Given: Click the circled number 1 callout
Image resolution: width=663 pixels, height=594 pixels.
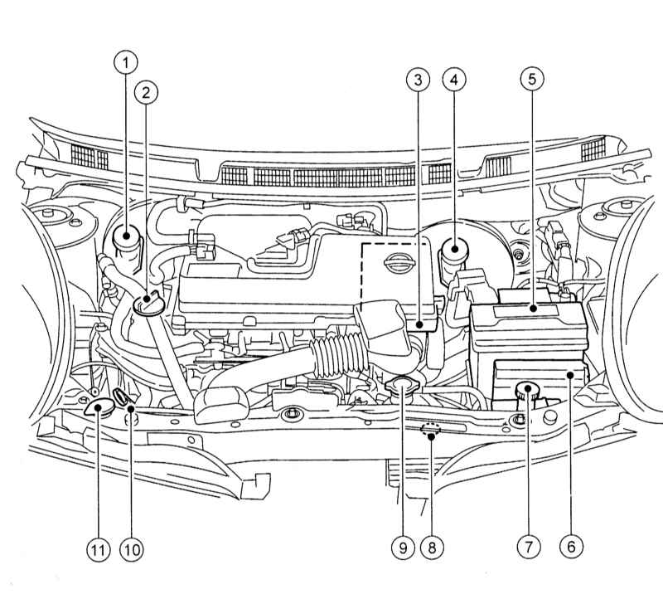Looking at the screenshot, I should [x=125, y=61].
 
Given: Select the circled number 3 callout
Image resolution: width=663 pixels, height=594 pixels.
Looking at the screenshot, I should [x=418, y=80].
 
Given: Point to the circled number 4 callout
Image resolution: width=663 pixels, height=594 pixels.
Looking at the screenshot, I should [x=453, y=80].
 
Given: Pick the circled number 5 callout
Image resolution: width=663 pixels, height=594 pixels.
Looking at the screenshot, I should [x=531, y=80].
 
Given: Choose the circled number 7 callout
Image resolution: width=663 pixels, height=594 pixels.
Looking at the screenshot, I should [x=529, y=547].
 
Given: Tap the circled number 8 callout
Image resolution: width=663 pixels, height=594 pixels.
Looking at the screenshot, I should [x=431, y=547].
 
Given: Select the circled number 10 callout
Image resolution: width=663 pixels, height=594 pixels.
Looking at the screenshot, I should [x=131, y=547].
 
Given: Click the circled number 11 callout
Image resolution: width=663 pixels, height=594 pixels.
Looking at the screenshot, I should [x=99, y=547].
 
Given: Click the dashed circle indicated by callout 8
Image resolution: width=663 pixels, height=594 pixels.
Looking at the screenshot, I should [x=430, y=430].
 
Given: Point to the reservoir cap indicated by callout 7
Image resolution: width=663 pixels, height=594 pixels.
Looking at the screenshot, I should [x=525, y=390].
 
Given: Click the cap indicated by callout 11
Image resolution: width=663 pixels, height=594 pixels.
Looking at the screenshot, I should [x=99, y=407].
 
